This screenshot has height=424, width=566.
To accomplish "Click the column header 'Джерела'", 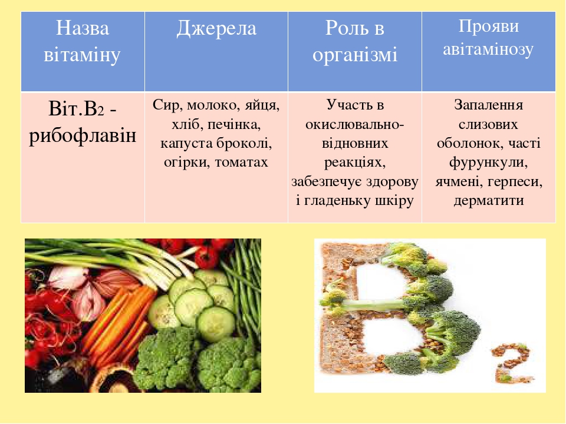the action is [x=216, y=28].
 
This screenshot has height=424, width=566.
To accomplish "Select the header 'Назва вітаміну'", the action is [x=83, y=41].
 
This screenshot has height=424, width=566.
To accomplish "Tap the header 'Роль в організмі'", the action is [x=355, y=41].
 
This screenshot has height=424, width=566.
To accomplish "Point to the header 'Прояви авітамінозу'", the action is [x=488, y=38].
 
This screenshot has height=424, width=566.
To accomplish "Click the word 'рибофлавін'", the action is [x=83, y=136].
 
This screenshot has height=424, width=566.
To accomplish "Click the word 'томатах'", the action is [x=242, y=163].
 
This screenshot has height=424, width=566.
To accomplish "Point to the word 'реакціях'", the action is [x=355, y=163].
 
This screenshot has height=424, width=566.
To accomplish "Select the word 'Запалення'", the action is [x=488, y=105].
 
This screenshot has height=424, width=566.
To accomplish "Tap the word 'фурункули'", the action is [x=488, y=163].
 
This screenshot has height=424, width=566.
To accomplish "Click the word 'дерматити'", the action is [x=488, y=200].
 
